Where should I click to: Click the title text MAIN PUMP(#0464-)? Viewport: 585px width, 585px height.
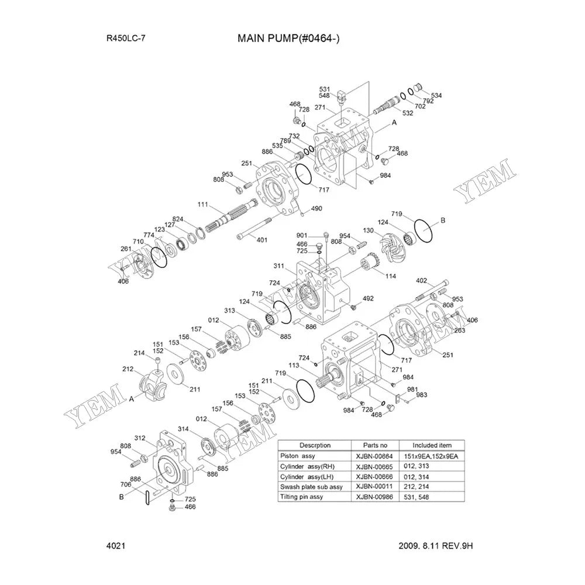[x=288, y=39]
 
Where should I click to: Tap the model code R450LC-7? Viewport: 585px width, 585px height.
[x=126, y=39]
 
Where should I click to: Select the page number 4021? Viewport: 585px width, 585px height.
[x=115, y=545]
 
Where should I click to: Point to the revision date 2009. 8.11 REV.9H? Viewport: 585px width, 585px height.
[x=435, y=545]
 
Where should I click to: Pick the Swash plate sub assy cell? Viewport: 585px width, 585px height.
[x=312, y=487]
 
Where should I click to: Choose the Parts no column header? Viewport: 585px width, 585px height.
[x=373, y=445]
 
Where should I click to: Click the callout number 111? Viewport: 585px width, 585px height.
[x=203, y=204]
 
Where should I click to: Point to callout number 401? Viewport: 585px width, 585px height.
[x=261, y=239]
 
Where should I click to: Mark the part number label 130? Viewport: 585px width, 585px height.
[x=368, y=230]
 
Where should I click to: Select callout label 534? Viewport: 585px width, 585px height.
[x=436, y=95]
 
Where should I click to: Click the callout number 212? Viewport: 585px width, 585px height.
[x=128, y=369]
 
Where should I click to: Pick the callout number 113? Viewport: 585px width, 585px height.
[x=294, y=365]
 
